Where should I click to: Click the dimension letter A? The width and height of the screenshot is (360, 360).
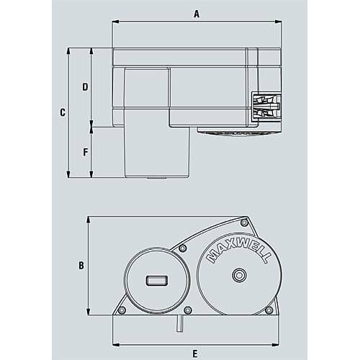tap(197, 14)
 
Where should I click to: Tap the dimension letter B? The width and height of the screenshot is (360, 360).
tap(81, 265)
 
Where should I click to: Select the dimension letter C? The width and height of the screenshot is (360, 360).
tap(62, 112)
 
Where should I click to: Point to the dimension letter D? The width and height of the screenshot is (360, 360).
tap(85, 87)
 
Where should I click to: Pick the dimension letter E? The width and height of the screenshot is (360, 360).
tap(195, 353)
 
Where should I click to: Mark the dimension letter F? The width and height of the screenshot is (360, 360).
tap(85, 153)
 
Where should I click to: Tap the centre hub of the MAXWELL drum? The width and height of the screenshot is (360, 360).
tap(238, 275)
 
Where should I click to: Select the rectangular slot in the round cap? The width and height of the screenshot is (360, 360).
tap(155, 280)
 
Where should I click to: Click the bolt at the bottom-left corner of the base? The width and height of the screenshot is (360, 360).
tap(122, 310)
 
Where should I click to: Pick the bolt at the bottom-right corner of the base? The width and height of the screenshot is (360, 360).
tap(269, 310)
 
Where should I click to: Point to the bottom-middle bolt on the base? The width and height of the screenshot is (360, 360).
tap(188, 310)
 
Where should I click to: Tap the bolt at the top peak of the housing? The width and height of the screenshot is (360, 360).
tap(244, 223)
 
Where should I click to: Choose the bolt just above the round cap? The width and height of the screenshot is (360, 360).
tap(183, 248)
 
